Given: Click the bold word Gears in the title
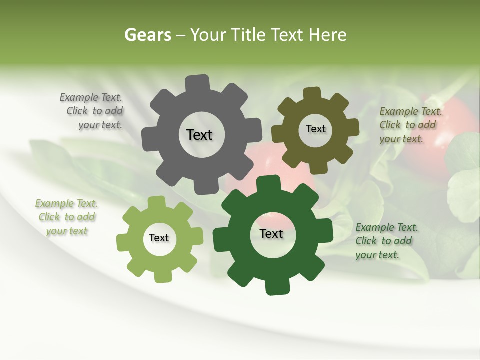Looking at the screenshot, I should pyautogui.click(x=147, y=35).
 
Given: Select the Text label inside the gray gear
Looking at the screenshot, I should pyautogui.click(x=199, y=135).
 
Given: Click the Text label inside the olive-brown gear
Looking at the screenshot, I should pyautogui.click(x=315, y=129).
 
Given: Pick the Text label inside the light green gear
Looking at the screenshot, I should pyautogui.click(x=159, y=238).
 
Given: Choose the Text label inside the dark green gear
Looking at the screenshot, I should pyautogui.click(x=271, y=233).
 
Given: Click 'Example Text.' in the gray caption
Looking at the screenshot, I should pyautogui.click(x=91, y=98).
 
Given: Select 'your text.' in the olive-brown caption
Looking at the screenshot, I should pyautogui.click(x=401, y=139).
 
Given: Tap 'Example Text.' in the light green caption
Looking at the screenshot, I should pyautogui.click(x=66, y=204).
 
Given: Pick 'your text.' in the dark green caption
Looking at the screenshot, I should pyautogui.click(x=377, y=255).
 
